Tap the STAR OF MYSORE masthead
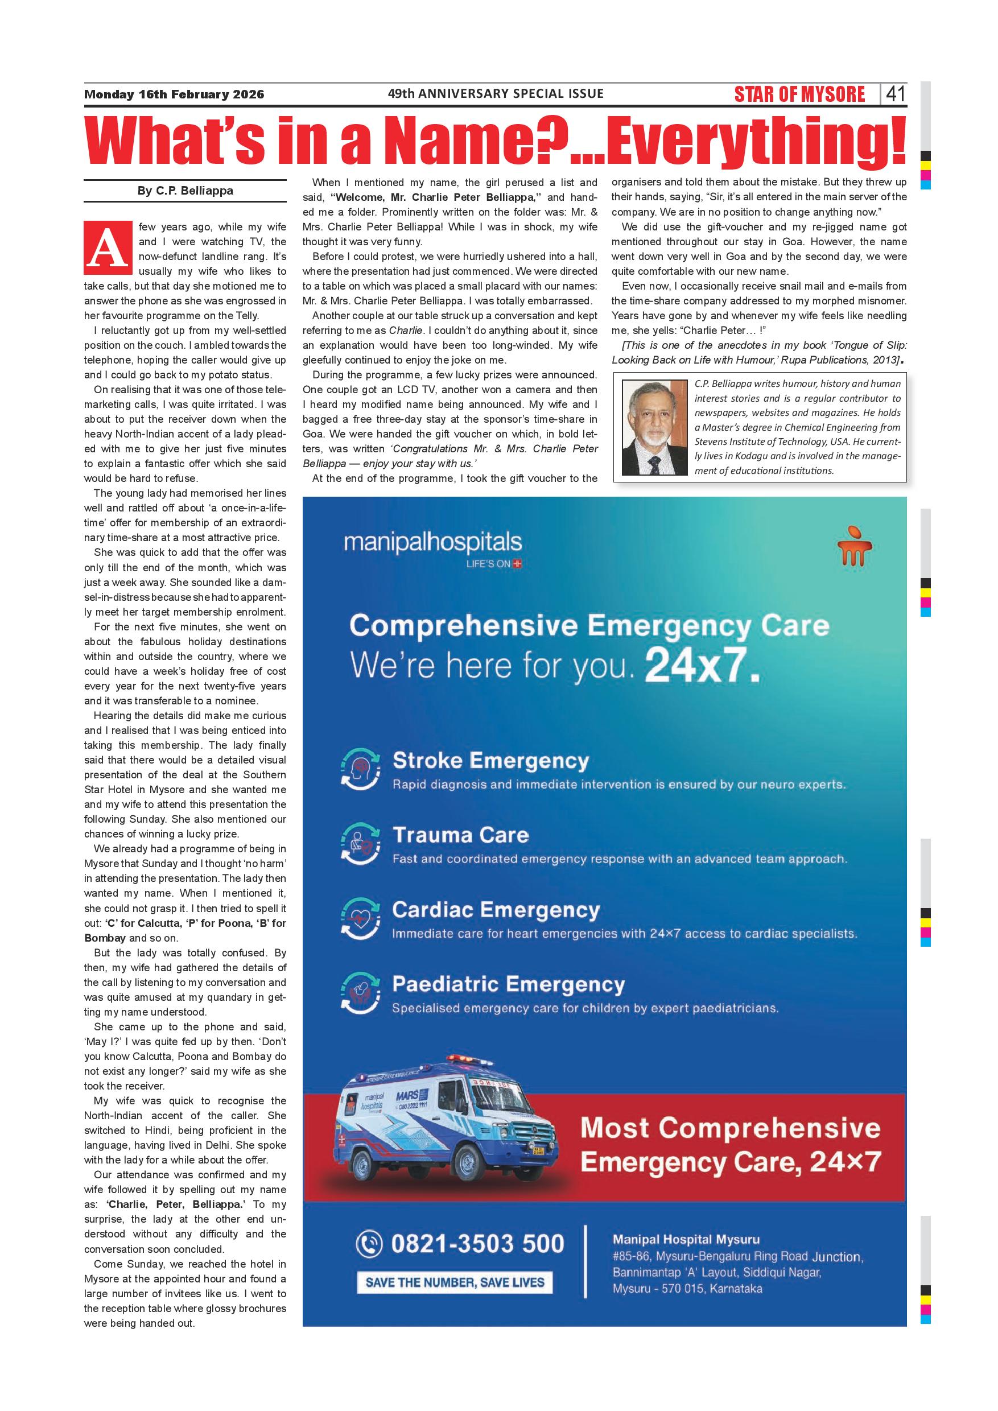click(799, 94)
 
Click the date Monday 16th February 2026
click(174, 94)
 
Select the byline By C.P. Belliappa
click(185, 191)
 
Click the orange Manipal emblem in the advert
click(855, 544)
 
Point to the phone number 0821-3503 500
click(477, 1243)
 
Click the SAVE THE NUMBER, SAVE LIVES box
click(455, 1282)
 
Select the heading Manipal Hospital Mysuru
click(686, 1240)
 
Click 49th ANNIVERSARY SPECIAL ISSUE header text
click(496, 93)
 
